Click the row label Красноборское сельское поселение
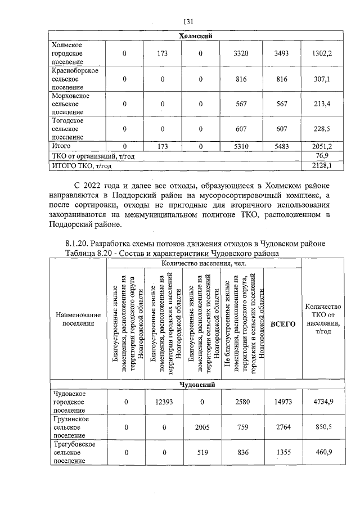click(75, 79)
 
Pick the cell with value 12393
click(164, 402)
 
